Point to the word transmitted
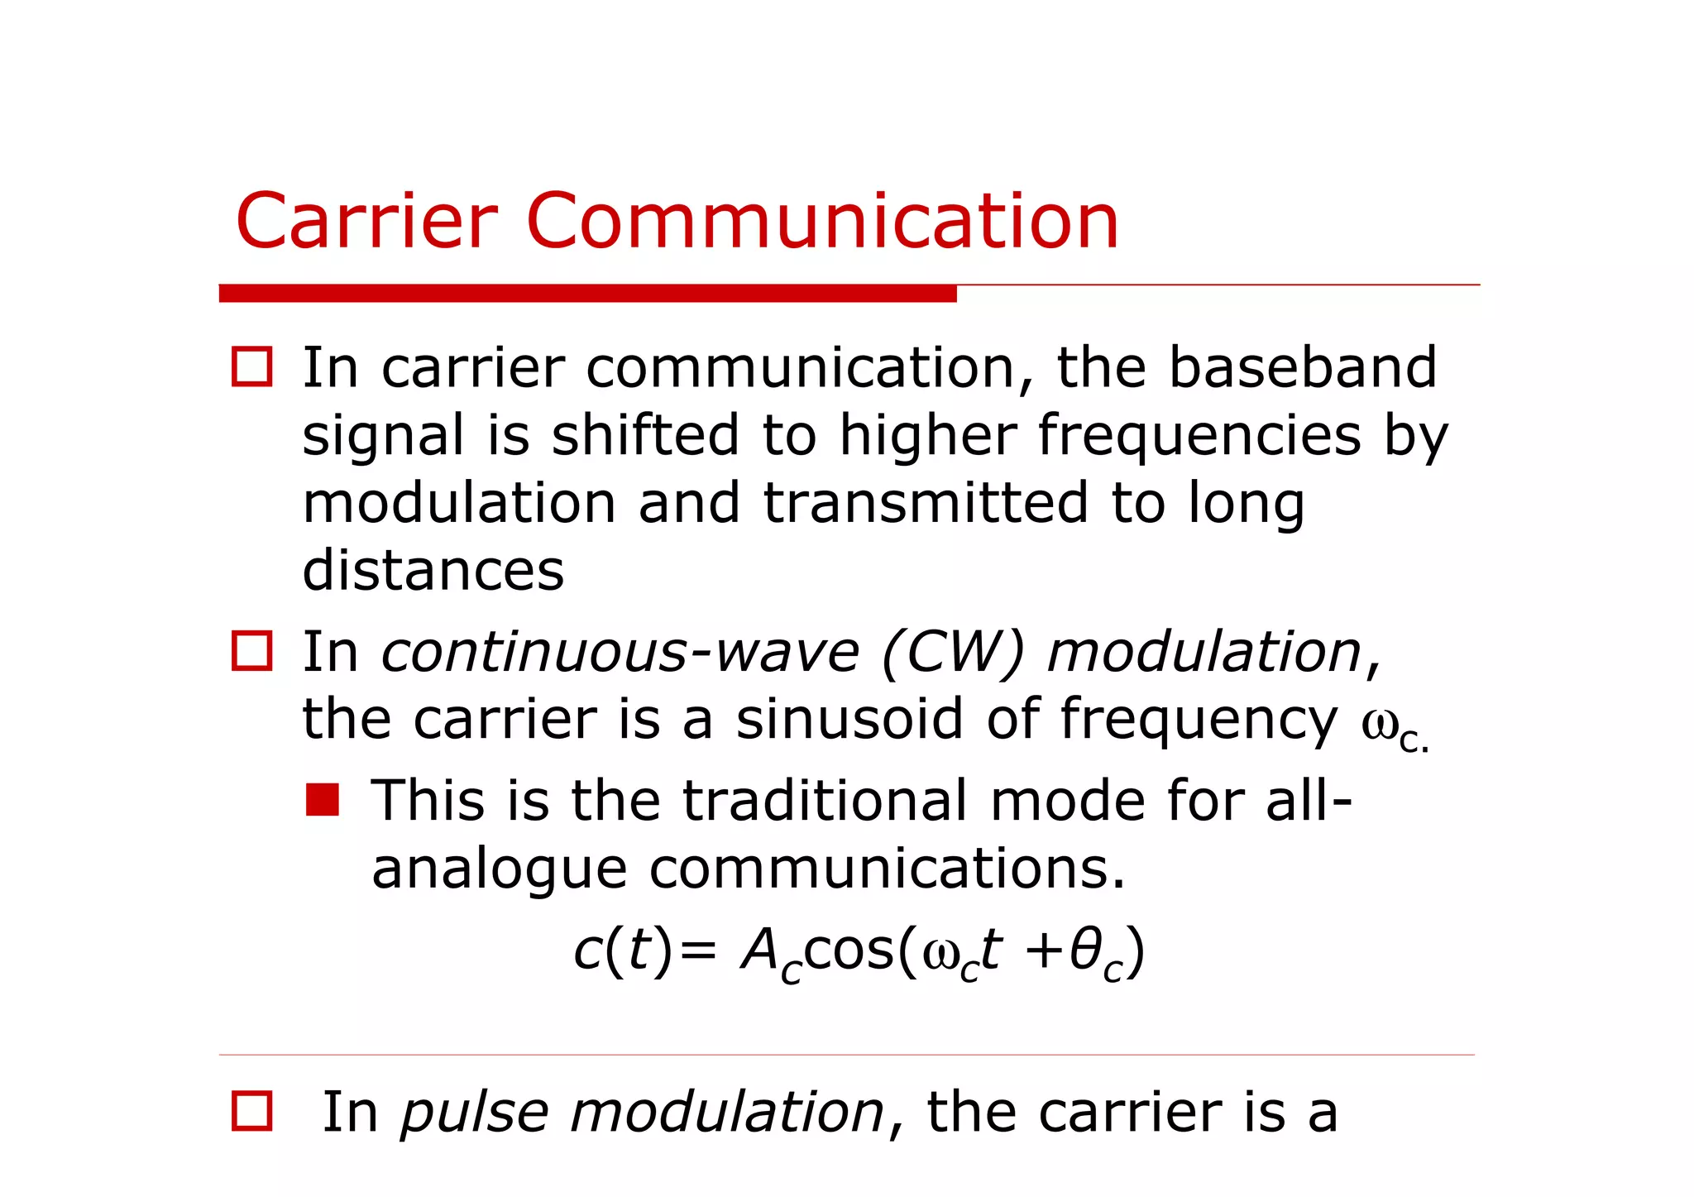click(x=925, y=503)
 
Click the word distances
click(x=433, y=571)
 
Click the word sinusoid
click(x=849, y=719)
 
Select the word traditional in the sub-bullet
click(x=825, y=801)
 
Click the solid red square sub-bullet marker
click(x=322, y=800)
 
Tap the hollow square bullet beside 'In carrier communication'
click(x=251, y=366)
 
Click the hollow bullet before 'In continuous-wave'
click(x=251, y=651)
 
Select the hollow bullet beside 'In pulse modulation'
click(x=251, y=1111)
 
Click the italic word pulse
click(x=475, y=1113)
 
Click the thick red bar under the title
click(x=587, y=294)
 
